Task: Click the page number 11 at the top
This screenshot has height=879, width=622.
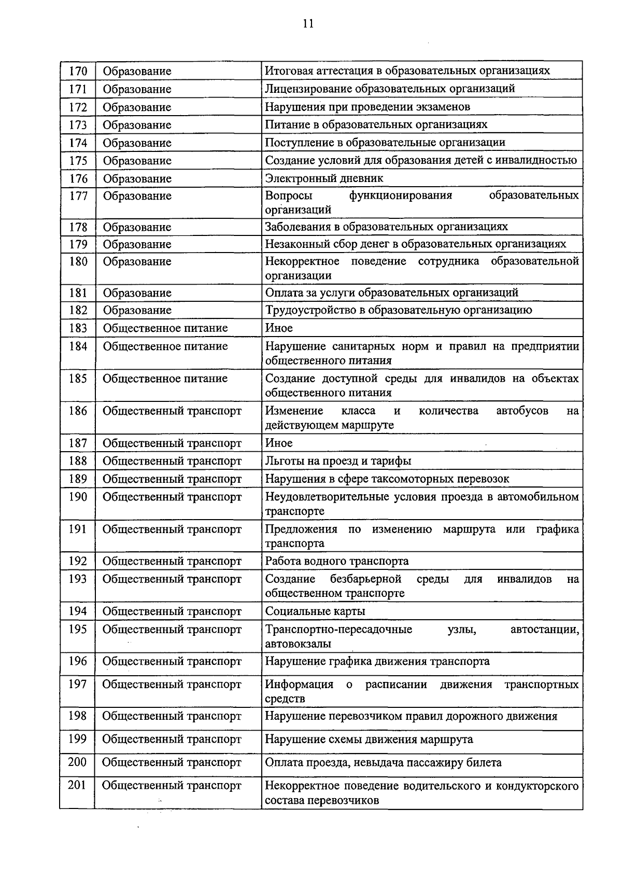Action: (x=308, y=24)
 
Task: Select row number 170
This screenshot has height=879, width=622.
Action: (x=78, y=71)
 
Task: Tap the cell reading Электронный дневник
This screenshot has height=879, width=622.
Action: (x=324, y=178)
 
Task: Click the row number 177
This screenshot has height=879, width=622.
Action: (x=78, y=196)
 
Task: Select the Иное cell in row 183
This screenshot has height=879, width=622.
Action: (x=279, y=328)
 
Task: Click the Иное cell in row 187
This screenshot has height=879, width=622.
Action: (x=279, y=443)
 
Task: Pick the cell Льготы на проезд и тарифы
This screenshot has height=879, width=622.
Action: (x=338, y=461)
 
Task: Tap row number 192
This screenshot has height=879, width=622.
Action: (x=78, y=561)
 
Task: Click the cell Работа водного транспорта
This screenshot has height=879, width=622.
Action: (x=337, y=561)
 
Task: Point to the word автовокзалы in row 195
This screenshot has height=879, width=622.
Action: (x=298, y=644)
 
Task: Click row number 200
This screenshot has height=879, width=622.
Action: (x=77, y=762)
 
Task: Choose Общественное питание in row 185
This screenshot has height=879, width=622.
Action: (x=165, y=379)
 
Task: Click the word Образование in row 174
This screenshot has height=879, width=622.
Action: (x=137, y=143)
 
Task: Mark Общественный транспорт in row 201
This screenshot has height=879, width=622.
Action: (x=172, y=786)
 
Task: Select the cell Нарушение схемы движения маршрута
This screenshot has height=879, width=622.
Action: (x=369, y=740)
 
